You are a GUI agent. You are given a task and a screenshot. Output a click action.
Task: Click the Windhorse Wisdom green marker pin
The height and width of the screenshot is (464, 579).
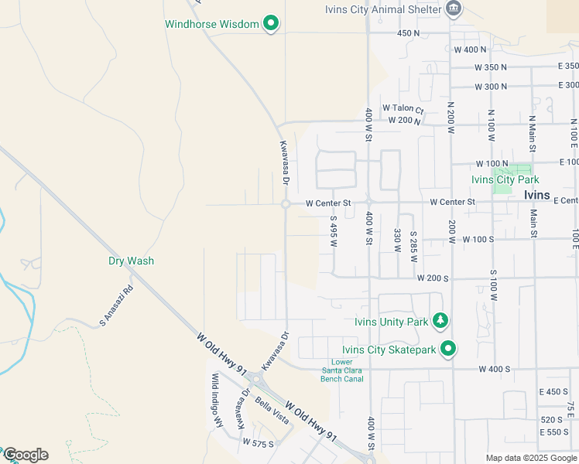point(270,24)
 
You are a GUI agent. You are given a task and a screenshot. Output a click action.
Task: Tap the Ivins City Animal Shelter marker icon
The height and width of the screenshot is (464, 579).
point(454,9)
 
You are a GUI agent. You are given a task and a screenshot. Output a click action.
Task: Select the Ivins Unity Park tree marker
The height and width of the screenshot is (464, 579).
point(440,319)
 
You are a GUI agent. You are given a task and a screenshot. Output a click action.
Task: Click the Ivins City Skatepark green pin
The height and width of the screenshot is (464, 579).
point(447,350)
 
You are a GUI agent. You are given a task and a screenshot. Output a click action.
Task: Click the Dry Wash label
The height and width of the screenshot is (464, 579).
point(131,261)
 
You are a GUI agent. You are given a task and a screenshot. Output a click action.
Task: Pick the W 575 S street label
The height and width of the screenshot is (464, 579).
point(258,443)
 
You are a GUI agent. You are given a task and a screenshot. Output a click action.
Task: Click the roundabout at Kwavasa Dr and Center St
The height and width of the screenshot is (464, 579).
point(286,203)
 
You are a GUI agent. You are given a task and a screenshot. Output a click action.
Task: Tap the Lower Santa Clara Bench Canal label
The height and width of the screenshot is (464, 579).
point(341,370)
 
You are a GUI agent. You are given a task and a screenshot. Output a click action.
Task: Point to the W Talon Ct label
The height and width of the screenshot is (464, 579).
point(403,109)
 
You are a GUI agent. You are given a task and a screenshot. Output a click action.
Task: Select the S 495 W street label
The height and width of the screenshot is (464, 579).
point(334,231)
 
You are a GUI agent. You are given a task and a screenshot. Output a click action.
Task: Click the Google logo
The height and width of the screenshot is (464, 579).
point(26,455)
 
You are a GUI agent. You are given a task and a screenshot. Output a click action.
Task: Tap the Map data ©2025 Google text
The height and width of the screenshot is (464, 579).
point(531,458)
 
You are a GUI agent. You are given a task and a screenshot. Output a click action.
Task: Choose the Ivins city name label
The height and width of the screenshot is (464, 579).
point(536,196)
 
